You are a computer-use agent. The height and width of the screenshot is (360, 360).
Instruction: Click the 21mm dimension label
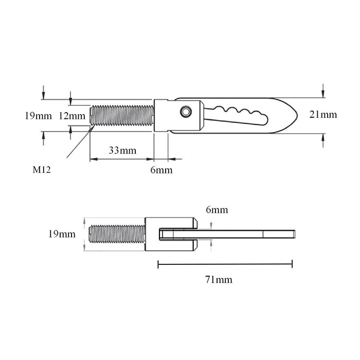pyautogui.click(x=323, y=115)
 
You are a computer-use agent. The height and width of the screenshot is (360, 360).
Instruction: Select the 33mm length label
pyautogui.click(x=123, y=151)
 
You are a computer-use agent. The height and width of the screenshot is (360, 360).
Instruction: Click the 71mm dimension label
pyautogui.click(x=219, y=280)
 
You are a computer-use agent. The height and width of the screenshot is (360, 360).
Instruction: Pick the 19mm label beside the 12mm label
pyautogui.click(x=38, y=116)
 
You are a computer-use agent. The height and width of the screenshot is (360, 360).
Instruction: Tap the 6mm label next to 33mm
pyautogui.click(x=161, y=170)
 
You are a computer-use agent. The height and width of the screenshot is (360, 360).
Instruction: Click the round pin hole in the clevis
pyautogui.click(x=184, y=112)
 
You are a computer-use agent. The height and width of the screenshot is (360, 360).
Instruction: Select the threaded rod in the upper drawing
pyautogui.click(x=122, y=115)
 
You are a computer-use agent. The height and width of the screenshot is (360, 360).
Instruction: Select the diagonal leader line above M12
pyautogui.click(x=80, y=144)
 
